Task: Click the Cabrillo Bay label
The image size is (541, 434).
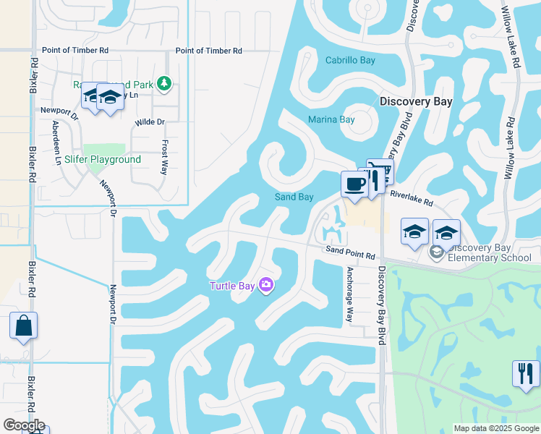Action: tap(350, 60)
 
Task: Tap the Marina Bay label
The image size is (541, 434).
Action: tap(331, 119)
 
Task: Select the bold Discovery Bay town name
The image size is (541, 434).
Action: tap(416, 101)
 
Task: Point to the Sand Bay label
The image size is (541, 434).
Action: tap(294, 197)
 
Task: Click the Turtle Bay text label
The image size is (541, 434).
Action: tap(232, 286)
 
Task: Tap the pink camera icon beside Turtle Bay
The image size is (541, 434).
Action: tap(266, 286)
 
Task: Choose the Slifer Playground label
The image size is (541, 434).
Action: tap(103, 159)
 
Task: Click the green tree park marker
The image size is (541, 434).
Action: tap(166, 84)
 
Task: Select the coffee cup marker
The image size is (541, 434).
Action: tap(354, 184)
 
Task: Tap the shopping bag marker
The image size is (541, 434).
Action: tap(23, 326)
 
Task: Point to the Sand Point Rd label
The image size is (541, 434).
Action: tap(350, 253)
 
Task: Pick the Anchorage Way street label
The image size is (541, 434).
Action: tap(349, 294)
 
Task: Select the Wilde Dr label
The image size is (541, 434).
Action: tap(150, 122)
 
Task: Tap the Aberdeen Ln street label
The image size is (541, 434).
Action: tap(56, 142)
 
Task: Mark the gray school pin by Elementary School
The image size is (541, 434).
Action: tap(436, 252)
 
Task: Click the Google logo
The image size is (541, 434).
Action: tap(23, 425)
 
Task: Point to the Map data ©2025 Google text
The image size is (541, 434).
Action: tap(495, 428)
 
